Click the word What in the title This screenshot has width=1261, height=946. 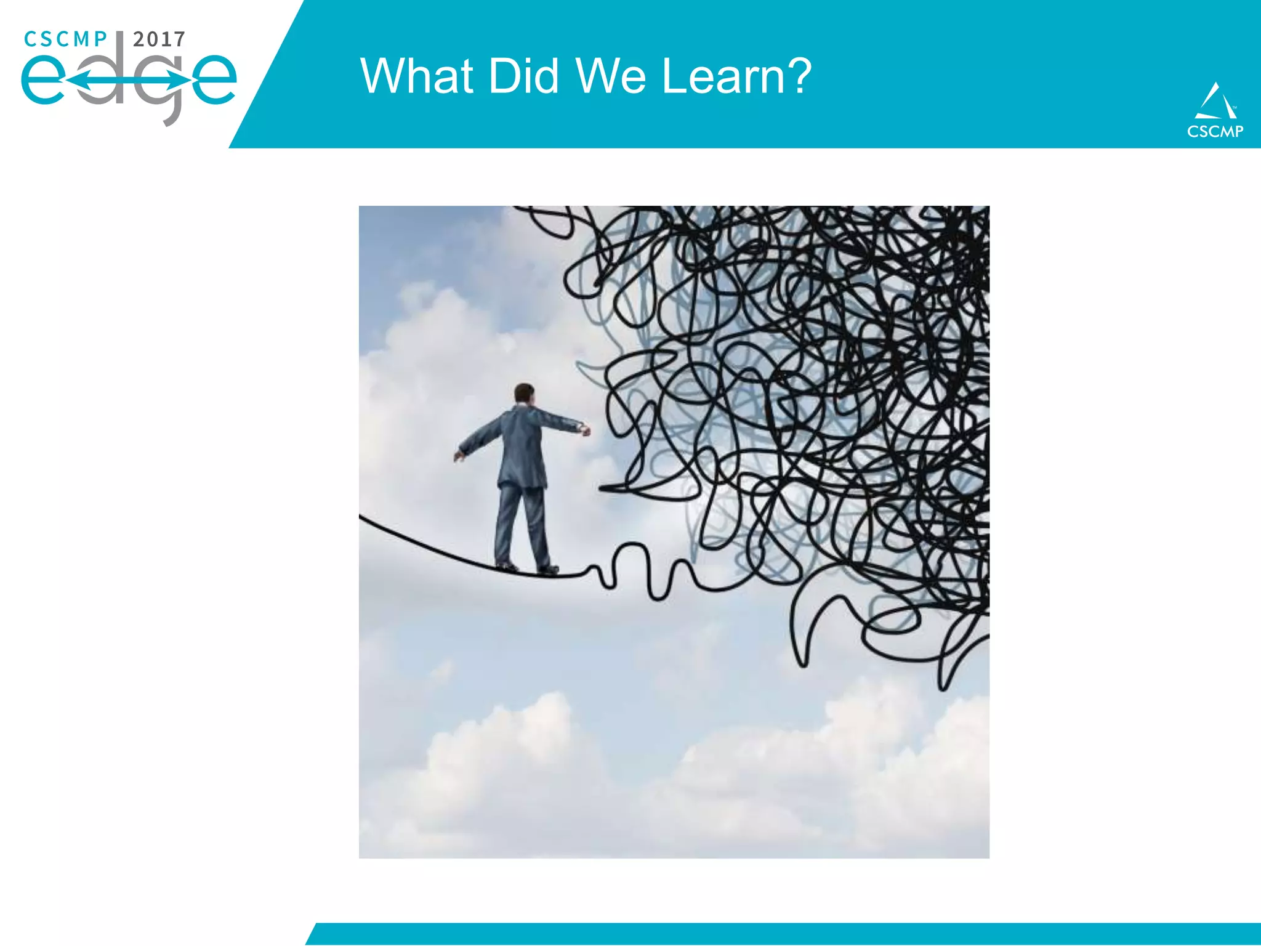click(416, 76)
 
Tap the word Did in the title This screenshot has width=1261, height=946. click(525, 76)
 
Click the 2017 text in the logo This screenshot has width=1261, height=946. click(159, 39)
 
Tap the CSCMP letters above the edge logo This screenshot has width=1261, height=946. click(65, 39)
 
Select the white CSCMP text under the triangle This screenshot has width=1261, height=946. click(1215, 131)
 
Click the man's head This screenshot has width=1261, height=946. click(524, 394)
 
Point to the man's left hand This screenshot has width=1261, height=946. click(459, 456)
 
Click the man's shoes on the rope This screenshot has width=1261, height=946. click(528, 568)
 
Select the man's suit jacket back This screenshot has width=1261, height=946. click(523, 443)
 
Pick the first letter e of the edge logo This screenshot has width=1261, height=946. click(43, 80)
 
